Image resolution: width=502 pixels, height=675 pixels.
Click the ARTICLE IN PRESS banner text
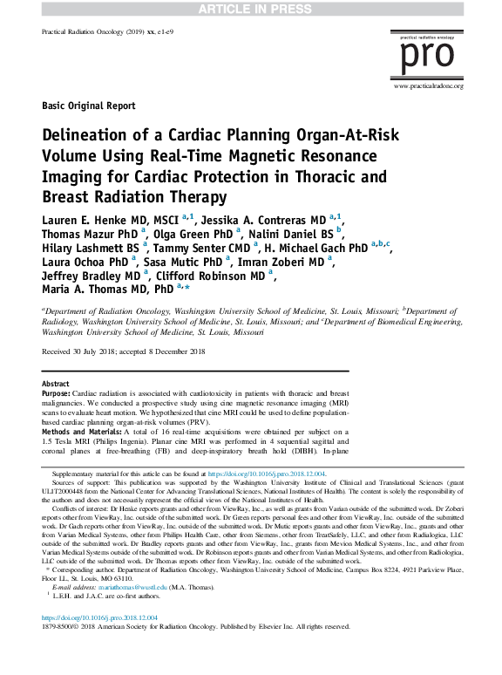[x=251, y=8]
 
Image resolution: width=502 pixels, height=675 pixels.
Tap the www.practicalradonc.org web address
[x=428, y=86]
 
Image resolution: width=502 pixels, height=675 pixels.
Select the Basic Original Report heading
[x=88, y=106]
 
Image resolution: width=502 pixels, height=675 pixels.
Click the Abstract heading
[x=56, y=384]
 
